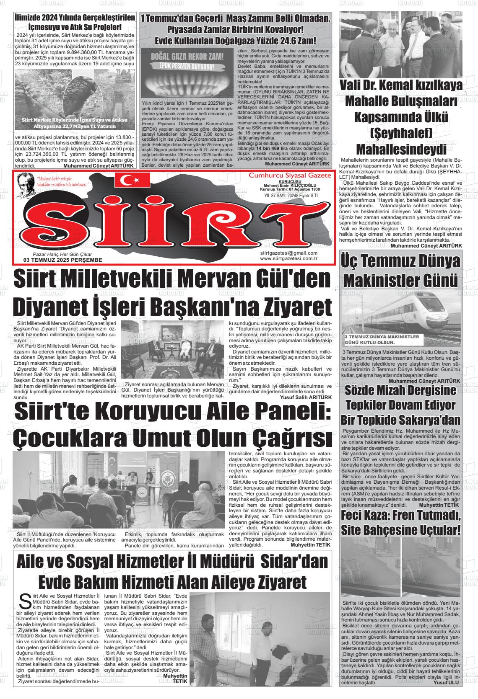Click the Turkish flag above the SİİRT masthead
click(x=132, y=180)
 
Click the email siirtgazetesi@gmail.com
click(x=288, y=253)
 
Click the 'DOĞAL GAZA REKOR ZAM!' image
click(x=185, y=75)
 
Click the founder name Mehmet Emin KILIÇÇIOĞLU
click(x=290, y=185)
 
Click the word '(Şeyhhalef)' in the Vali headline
click(x=400, y=133)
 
